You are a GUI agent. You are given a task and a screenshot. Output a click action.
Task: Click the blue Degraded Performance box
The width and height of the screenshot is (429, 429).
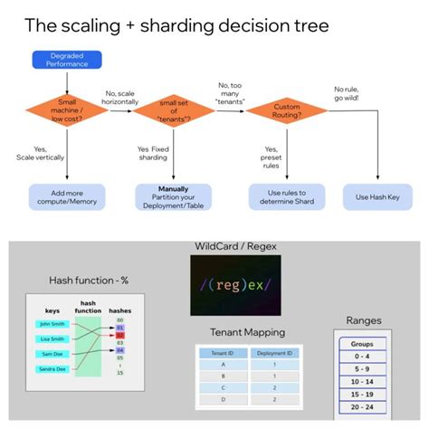click(68, 61)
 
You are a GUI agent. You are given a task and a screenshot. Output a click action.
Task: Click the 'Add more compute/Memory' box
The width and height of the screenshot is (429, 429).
click(68, 196)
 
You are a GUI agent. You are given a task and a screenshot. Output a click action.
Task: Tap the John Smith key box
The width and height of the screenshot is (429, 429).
click(52, 323)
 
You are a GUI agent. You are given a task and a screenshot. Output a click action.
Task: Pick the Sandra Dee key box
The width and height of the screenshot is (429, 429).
click(52, 369)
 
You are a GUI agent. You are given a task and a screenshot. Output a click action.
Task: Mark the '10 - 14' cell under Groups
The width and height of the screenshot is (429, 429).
click(362, 383)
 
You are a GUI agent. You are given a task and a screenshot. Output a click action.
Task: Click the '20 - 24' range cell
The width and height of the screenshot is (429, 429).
click(362, 408)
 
